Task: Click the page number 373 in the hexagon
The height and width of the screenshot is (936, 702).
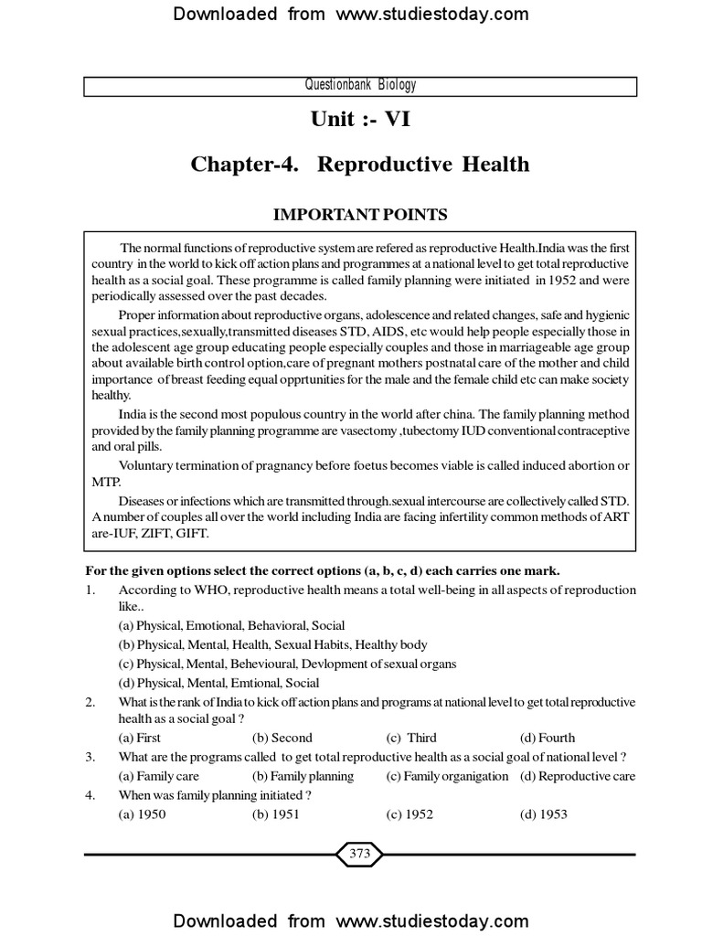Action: point(359,855)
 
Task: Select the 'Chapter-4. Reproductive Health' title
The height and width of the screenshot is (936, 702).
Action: point(359,165)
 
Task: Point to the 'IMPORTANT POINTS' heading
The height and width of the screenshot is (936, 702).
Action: point(359,215)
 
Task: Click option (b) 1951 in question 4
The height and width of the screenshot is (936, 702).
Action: point(275,814)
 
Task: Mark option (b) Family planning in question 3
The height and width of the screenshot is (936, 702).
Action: point(303,776)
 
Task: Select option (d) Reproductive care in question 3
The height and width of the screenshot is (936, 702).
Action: point(578,776)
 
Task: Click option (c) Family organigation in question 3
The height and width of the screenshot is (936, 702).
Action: point(447,776)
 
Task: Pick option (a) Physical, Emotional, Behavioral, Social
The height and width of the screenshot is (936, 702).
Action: point(231,625)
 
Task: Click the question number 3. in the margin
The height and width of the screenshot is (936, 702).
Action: point(90,757)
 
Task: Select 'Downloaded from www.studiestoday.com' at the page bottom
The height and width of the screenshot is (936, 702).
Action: point(351,920)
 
